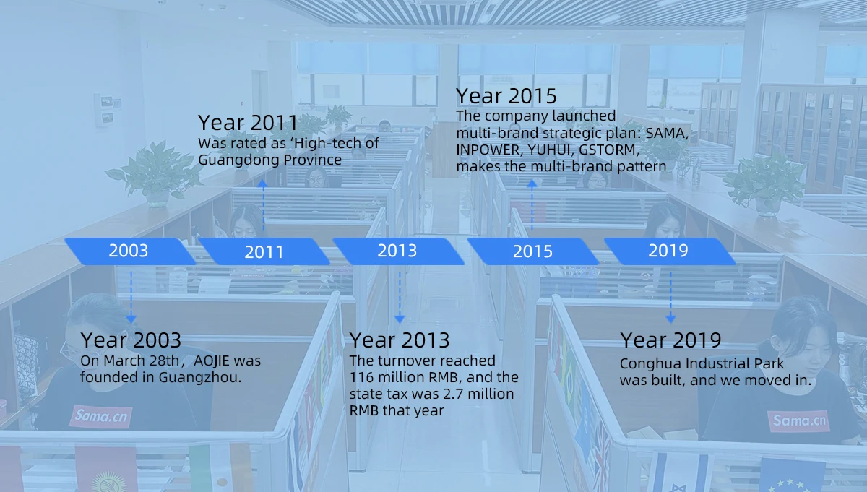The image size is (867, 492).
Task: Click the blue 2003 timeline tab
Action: coord(130,251)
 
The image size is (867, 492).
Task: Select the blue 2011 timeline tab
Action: coord(264,251)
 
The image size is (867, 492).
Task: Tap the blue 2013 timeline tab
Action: coord(398,251)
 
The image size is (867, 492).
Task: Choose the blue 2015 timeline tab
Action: coord(533,251)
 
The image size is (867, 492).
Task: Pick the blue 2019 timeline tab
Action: coord(669,251)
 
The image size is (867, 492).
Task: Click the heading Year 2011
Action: coord(248,123)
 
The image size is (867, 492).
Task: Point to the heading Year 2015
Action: coord(506,96)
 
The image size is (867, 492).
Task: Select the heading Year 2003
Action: coord(131,340)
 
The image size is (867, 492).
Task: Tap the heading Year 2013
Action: coord(400,340)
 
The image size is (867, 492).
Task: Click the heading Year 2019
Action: coord(670,340)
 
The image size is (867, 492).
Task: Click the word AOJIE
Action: coord(211,361)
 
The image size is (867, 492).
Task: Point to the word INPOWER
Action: coord(489,150)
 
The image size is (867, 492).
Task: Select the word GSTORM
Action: coord(608,150)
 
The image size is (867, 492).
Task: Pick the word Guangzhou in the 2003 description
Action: coord(200,378)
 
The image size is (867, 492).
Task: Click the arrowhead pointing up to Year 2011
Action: coord(262,184)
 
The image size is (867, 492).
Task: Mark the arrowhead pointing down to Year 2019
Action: coord(670,319)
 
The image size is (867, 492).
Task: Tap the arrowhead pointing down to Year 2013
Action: coord(400,319)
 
